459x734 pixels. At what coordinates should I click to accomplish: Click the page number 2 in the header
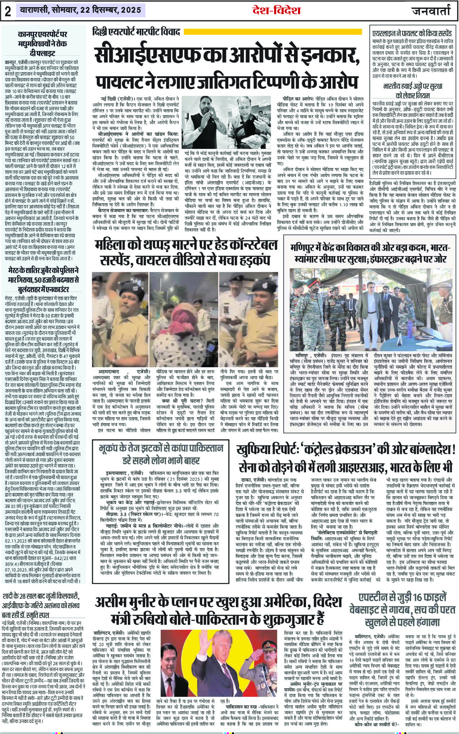pos(8,12)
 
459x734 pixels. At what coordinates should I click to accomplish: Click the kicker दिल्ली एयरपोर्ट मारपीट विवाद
pos(136,31)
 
